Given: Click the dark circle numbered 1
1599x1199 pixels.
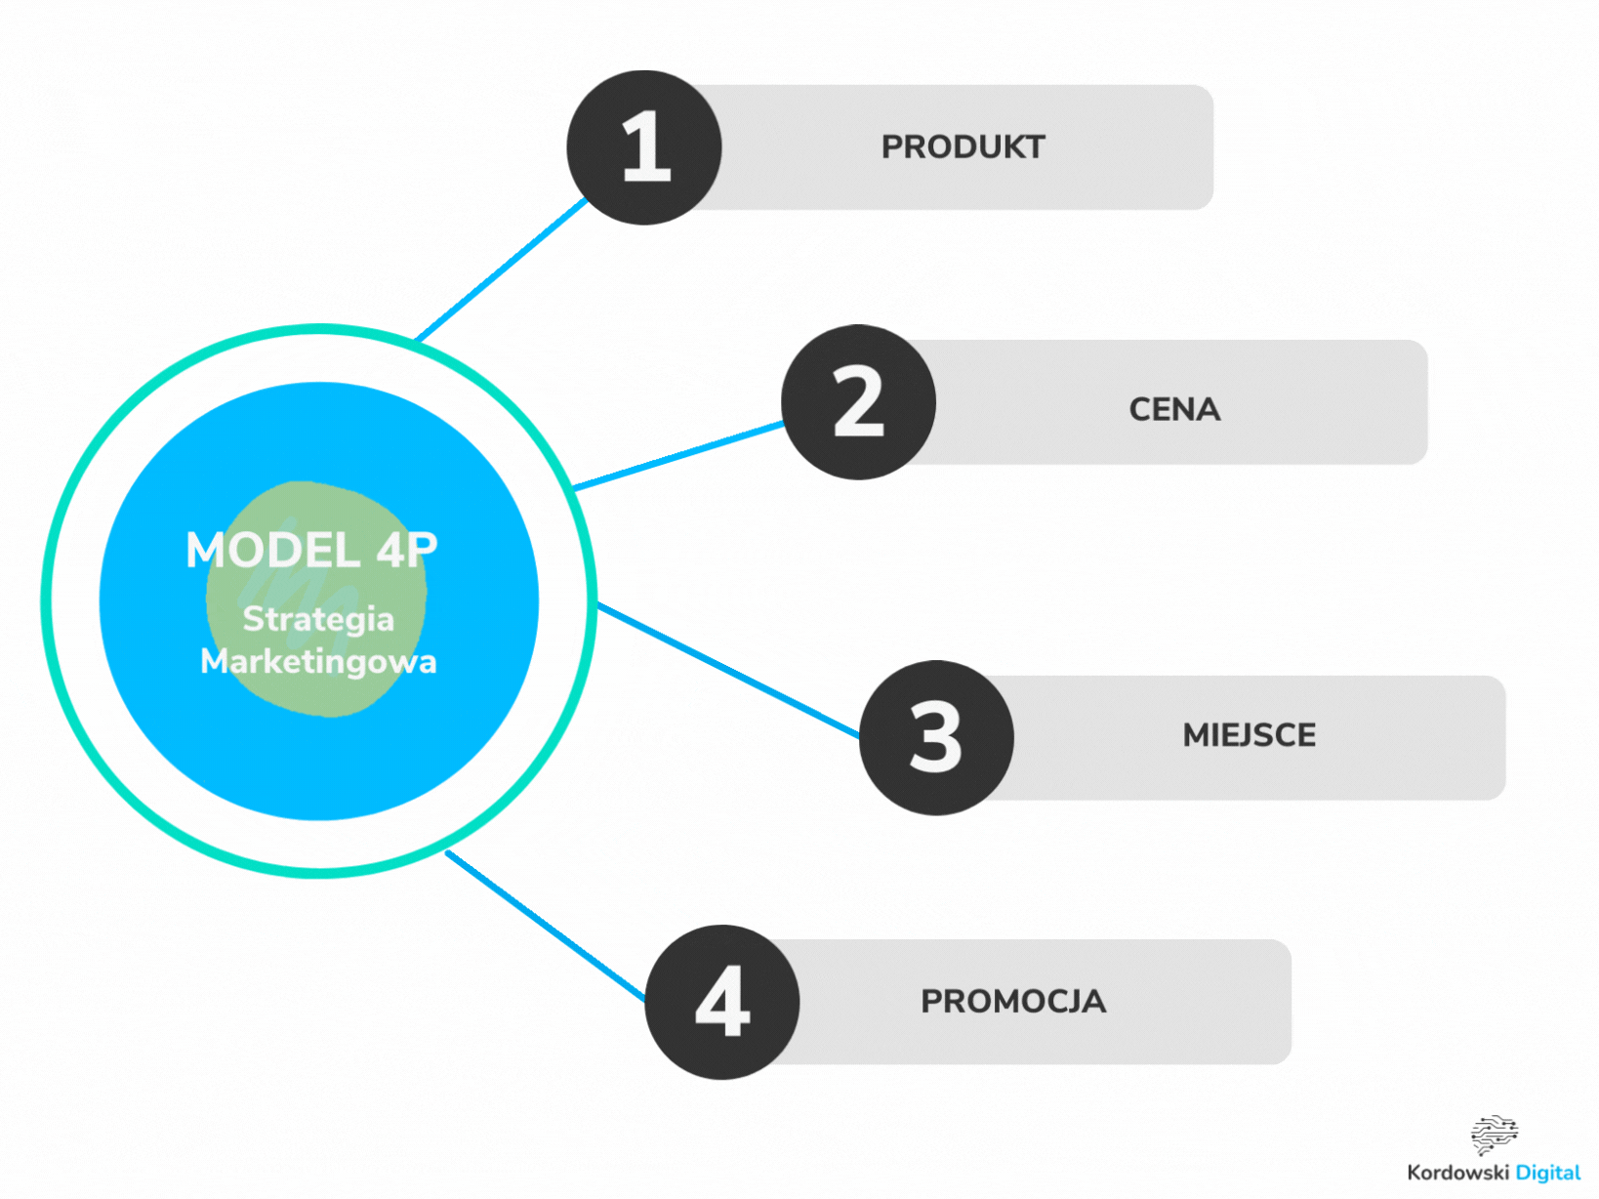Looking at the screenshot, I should point(644,147).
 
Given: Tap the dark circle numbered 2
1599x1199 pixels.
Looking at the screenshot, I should point(858,402).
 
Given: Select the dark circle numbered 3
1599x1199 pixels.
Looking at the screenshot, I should point(936,737).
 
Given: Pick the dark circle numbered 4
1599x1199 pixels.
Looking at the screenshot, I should point(722,1002).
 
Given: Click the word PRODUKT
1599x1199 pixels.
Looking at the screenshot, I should point(963,147).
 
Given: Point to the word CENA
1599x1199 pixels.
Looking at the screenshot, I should point(1174,409).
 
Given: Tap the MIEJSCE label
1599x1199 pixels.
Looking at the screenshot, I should point(1249,735).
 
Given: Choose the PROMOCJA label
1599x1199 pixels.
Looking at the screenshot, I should point(1013,1002).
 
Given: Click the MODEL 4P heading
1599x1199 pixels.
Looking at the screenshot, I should point(311,551).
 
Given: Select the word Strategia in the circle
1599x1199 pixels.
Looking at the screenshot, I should point(318,619).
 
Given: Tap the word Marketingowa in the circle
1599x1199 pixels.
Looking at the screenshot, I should point(318,662).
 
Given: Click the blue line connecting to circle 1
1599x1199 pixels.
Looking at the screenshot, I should point(501,269).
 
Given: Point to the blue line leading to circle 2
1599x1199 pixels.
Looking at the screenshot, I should point(678,456).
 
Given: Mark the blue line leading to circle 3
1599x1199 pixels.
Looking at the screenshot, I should point(727,670).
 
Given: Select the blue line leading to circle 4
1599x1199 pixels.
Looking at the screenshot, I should point(545,926).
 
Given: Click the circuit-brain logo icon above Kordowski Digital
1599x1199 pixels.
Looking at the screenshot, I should point(1494,1134).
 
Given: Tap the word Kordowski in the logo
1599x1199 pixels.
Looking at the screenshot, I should point(1457,1173).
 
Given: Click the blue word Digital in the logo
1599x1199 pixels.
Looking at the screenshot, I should point(1547,1173).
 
